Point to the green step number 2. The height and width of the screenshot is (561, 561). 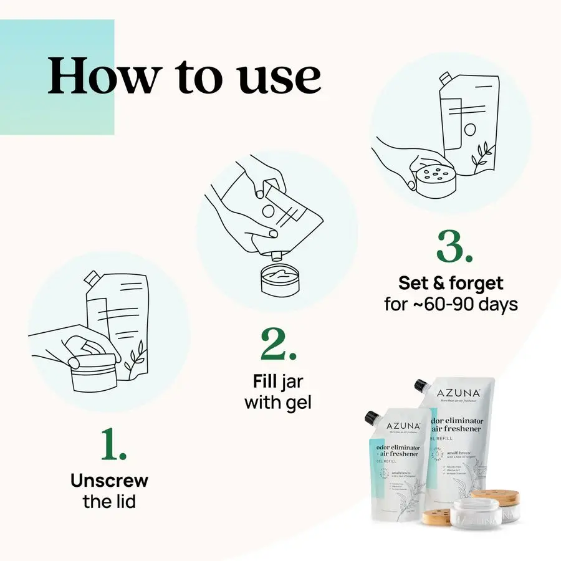pos(278,344)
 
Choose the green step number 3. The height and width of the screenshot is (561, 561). pos(454,247)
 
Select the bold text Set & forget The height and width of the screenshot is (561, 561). pos(451,284)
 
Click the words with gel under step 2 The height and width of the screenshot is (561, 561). pos(277,402)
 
